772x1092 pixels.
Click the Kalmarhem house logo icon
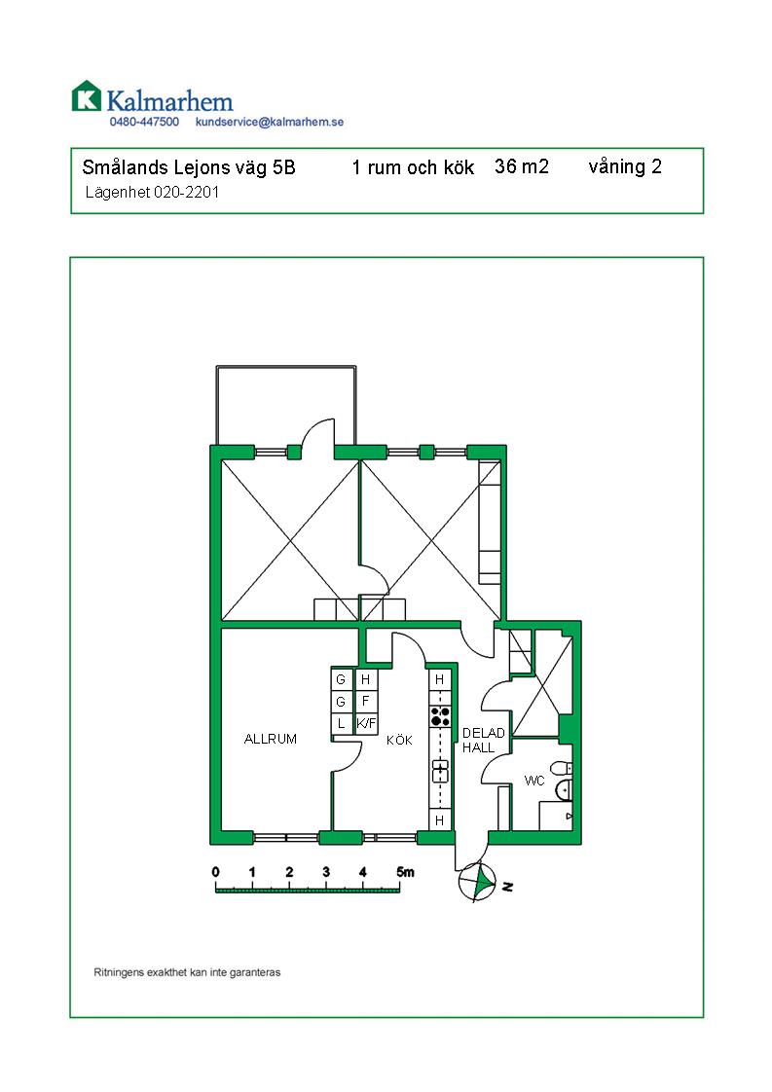point(87,96)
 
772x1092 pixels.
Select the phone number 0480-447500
point(144,122)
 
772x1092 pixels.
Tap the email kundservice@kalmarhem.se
point(270,122)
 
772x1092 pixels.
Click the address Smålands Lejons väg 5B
point(189,167)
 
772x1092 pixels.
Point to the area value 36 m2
point(522,166)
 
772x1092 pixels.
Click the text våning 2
point(625,167)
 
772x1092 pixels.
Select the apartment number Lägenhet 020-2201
point(152,192)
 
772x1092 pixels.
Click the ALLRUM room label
point(271,739)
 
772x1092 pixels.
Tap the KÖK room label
point(399,741)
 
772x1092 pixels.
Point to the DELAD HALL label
point(483,741)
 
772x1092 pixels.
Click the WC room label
point(534,781)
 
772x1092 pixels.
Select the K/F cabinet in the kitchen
point(366,723)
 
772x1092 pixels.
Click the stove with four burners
point(440,716)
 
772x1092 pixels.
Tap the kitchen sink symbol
point(440,771)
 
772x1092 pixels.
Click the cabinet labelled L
point(341,723)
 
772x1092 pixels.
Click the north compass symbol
point(478,882)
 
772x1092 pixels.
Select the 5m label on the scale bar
point(405,872)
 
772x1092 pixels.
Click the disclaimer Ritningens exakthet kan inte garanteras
point(187,972)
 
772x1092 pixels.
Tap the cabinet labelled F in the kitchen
point(366,702)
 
